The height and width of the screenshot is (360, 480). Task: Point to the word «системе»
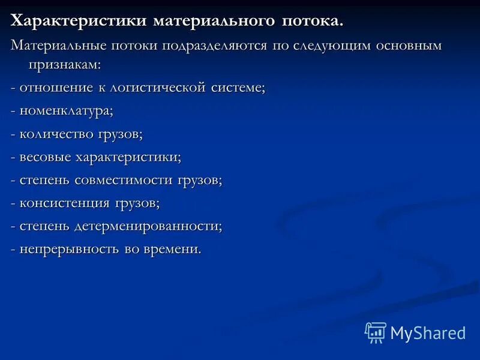tap(238, 88)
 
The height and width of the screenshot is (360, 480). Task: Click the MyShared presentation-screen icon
tap(376, 332)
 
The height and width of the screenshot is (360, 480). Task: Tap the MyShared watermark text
tap(428, 332)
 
